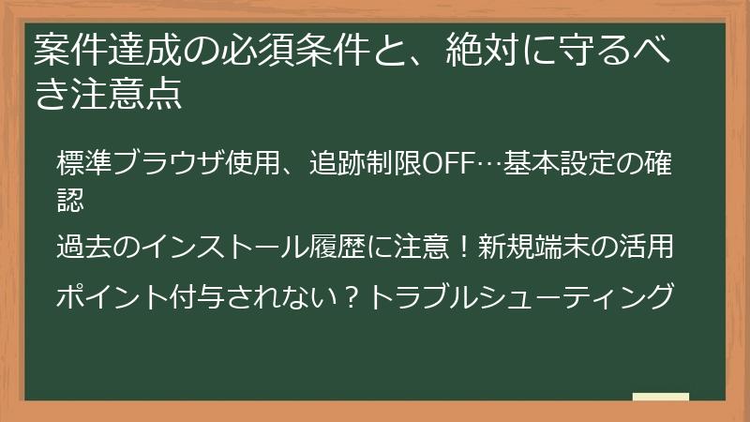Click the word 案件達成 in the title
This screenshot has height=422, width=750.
click(102, 50)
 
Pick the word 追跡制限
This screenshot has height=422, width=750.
click(366, 161)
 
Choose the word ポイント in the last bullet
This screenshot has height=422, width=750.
click(113, 296)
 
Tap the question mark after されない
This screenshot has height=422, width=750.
click(352, 296)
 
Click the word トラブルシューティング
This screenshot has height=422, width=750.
click(521, 296)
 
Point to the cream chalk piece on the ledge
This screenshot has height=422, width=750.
click(660, 397)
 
